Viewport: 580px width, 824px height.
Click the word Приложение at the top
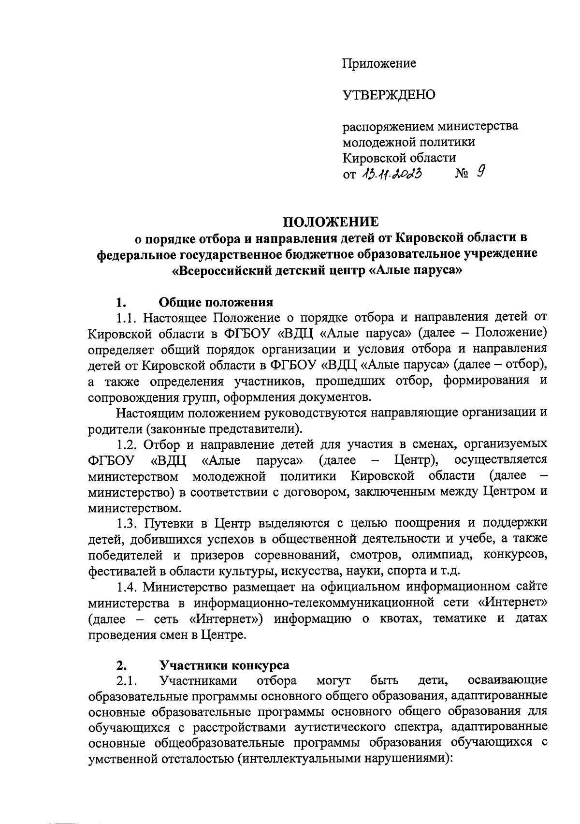[x=379, y=63]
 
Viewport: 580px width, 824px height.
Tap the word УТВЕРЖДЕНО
[x=389, y=95]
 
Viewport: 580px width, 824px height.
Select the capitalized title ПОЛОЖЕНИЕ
[x=331, y=222]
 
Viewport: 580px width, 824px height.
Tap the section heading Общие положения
[x=216, y=303]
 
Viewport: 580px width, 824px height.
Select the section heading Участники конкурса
[x=224, y=665]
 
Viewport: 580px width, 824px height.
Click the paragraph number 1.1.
[x=127, y=318]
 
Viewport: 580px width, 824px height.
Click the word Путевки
[x=170, y=523]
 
